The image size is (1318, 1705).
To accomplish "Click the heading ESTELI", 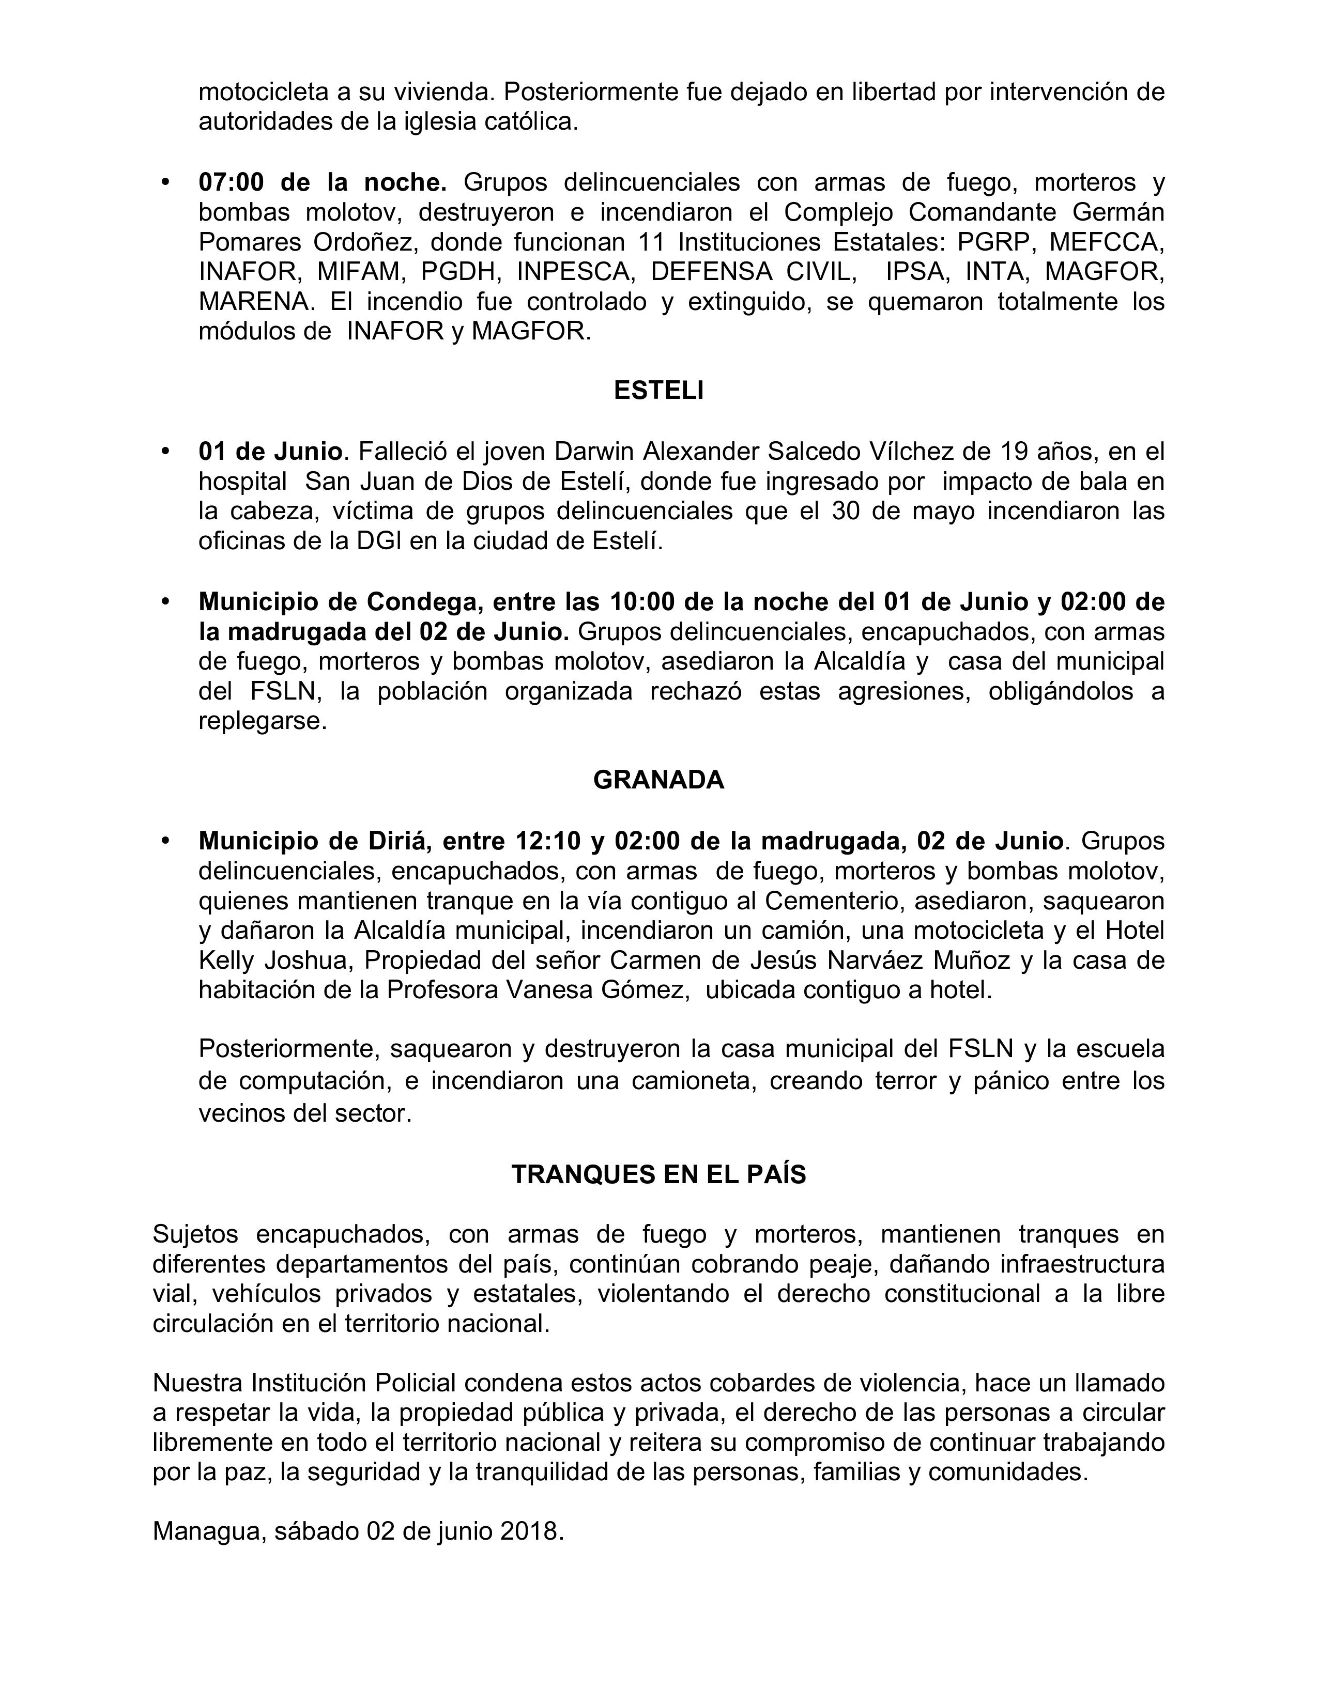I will tap(658, 390).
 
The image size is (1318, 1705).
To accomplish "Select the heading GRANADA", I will tap(658, 780).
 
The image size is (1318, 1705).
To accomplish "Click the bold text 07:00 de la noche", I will tap(323, 182).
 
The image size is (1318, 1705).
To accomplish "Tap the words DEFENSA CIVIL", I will tap(751, 272).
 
